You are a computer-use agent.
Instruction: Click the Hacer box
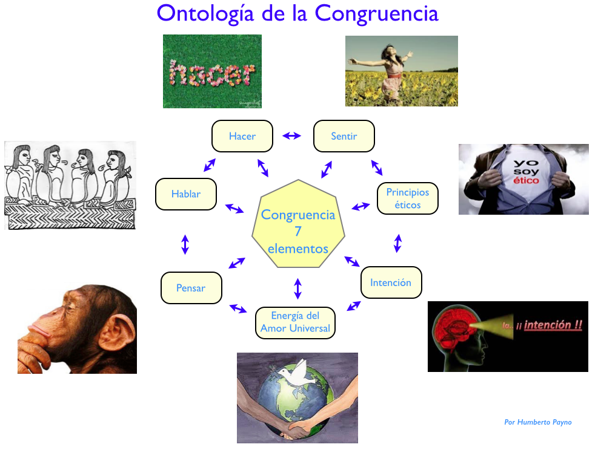pyautogui.click(x=242, y=136)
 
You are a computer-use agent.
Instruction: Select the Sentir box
pyautogui.click(x=344, y=136)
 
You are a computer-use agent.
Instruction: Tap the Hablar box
pyautogui.click(x=186, y=194)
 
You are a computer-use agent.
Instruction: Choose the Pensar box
pyautogui.click(x=191, y=288)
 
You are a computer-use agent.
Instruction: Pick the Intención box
pyautogui.click(x=391, y=282)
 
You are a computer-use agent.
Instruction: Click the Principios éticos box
pyautogui.click(x=408, y=198)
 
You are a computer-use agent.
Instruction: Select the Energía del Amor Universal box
pyautogui.click(x=295, y=323)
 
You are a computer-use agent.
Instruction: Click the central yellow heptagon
pyautogui.click(x=298, y=224)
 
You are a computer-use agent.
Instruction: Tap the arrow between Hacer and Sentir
pyautogui.click(x=292, y=135)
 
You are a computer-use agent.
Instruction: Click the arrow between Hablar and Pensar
pyautogui.click(x=185, y=244)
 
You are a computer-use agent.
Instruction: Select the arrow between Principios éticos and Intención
pyautogui.click(x=398, y=243)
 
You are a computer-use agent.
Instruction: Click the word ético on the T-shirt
pyautogui.click(x=526, y=180)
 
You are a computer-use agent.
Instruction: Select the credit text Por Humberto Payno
pyautogui.click(x=538, y=422)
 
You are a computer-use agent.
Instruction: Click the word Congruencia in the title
pyautogui.click(x=376, y=14)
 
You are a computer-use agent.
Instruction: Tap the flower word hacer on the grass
pyautogui.click(x=212, y=73)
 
